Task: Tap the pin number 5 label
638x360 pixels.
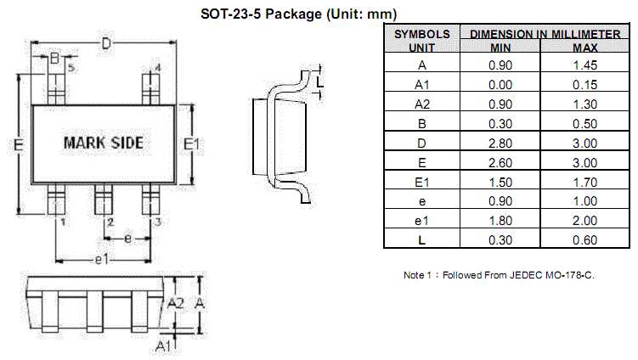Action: pos(71,66)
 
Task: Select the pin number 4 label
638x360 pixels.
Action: pos(158,67)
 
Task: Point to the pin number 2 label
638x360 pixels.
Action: pos(110,222)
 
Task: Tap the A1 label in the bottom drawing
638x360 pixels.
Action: pos(165,346)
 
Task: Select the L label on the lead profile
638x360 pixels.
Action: pos(319,82)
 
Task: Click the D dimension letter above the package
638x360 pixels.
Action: pos(106,44)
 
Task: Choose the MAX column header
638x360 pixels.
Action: pos(582,47)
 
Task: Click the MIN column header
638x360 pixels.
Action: pos(500,47)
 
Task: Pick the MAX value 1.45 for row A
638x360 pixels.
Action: pos(585,65)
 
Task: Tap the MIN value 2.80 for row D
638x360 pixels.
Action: pos(501,143)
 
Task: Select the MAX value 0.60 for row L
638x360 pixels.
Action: pos(585,240)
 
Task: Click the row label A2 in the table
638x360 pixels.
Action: pos(422,104)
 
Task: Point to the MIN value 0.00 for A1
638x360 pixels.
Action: pos(501,84)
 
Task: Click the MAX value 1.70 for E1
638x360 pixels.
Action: pos(585,182)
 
